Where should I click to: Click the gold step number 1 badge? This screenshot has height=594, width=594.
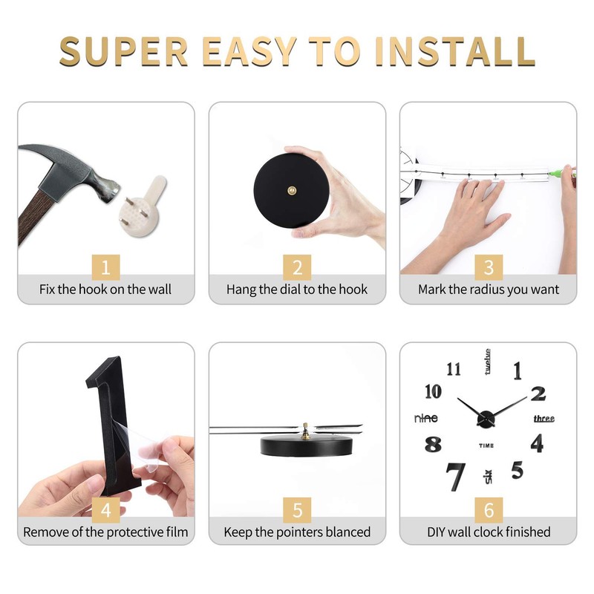(105, 267)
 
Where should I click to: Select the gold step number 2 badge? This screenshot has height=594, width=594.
(297, 267)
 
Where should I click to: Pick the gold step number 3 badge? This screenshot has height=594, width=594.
(489, 267)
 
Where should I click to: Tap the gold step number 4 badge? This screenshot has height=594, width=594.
(105, 510)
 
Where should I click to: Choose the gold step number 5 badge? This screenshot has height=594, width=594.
(297, 510)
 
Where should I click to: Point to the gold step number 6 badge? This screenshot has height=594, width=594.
(489, 510)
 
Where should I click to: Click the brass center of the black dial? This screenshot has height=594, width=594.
(292, 190)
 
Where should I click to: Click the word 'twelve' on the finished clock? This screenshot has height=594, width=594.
(488, 362)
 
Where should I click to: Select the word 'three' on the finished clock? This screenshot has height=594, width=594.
(544, 419)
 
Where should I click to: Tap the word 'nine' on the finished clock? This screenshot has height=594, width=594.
(426, 418)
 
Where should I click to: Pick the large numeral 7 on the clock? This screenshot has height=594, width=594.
(455, 476)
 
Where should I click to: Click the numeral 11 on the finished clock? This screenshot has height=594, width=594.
(454, 369)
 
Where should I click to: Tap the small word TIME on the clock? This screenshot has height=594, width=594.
(486, 446)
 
